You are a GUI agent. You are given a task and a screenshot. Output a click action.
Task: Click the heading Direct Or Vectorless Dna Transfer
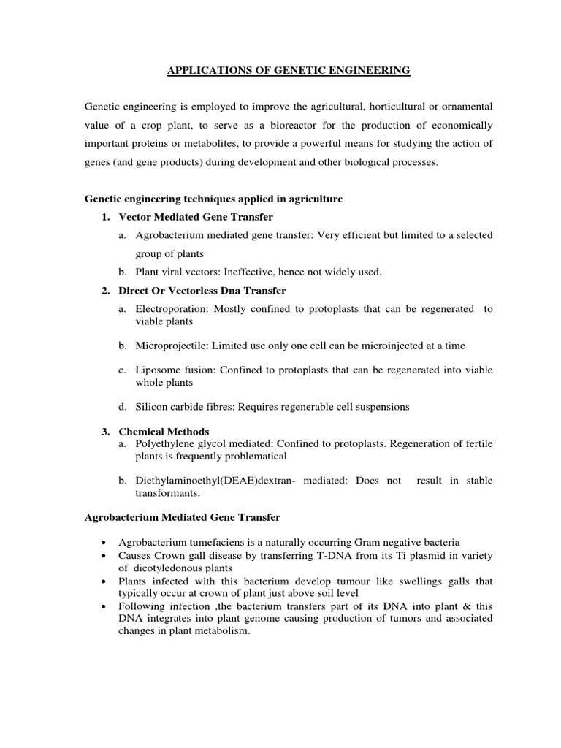(202, 291)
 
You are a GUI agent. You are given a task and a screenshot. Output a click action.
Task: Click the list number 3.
(105, 432)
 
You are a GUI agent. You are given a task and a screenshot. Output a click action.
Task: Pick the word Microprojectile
(173, 345)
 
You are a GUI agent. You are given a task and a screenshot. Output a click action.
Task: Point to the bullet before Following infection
(106, 606)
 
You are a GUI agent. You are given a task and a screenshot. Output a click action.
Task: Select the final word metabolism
(224, 630)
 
